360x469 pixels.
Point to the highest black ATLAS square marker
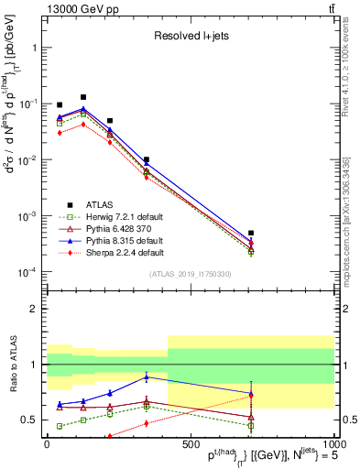point(83,96)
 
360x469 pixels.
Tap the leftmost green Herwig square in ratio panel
point(60,426)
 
